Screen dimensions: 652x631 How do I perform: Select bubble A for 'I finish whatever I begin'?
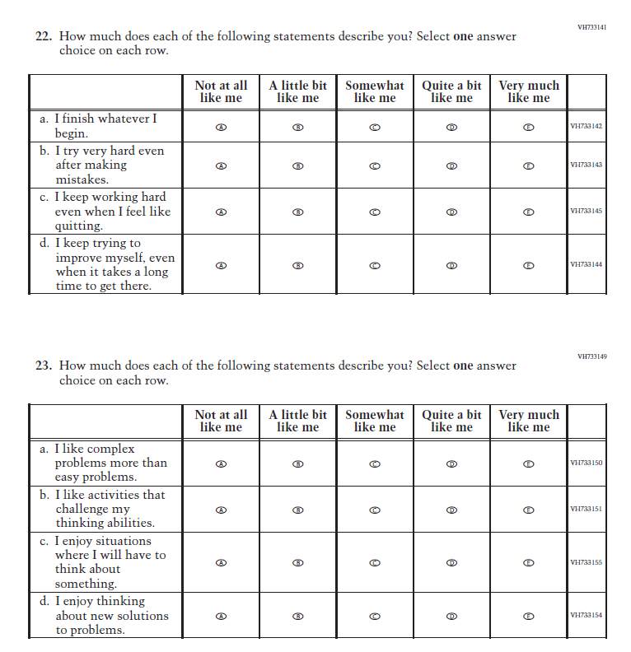click(x=221, y=127)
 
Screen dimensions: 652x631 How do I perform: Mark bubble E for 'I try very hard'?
click(x=529, y=165)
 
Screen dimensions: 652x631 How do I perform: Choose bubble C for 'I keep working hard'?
click(x=375, y=212)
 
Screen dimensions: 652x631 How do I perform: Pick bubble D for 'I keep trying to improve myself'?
click(x=451, y=265)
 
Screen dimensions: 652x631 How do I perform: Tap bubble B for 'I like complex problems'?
click(x=298, y=463)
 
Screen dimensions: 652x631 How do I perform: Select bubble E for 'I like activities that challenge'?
click(x=529, y=510)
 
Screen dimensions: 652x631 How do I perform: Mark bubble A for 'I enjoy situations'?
click(x=221, y=563)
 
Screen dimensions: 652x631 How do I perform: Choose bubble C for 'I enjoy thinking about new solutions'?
click(x=375, y=616)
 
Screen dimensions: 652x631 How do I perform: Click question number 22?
click(x=43, y=37)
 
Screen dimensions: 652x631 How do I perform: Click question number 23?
click(x=43, y=366)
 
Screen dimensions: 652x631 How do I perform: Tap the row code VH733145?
click(x=587, y=212)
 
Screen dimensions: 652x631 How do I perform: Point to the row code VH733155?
click(x=587, y=563)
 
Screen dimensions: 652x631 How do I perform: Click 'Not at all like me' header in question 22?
click(x=221, y=91)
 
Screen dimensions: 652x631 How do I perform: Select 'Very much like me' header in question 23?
click(x=529, y=421)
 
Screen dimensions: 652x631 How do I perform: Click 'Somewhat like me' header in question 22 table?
click(x=375, y=91)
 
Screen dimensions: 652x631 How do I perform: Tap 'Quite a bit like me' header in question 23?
click(x=451, y=421)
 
